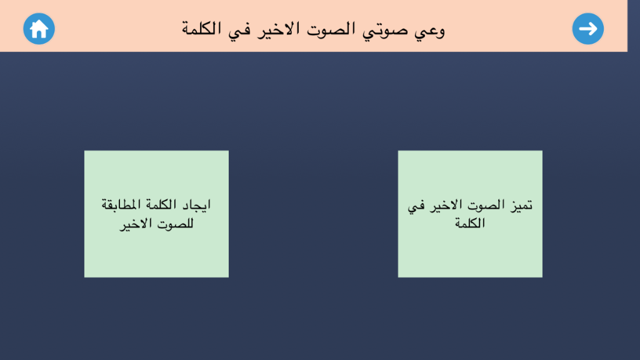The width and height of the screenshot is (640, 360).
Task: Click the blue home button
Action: point(39,29)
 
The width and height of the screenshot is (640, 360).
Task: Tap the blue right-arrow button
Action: point(587,29)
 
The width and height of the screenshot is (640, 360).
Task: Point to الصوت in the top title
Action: point(331,29)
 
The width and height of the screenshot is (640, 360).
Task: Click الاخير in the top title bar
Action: point(278,30)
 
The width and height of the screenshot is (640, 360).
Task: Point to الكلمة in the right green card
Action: point(470,223)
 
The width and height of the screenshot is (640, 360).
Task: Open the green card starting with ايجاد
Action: point(156,214)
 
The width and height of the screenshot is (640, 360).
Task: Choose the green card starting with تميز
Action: point(470,214)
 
